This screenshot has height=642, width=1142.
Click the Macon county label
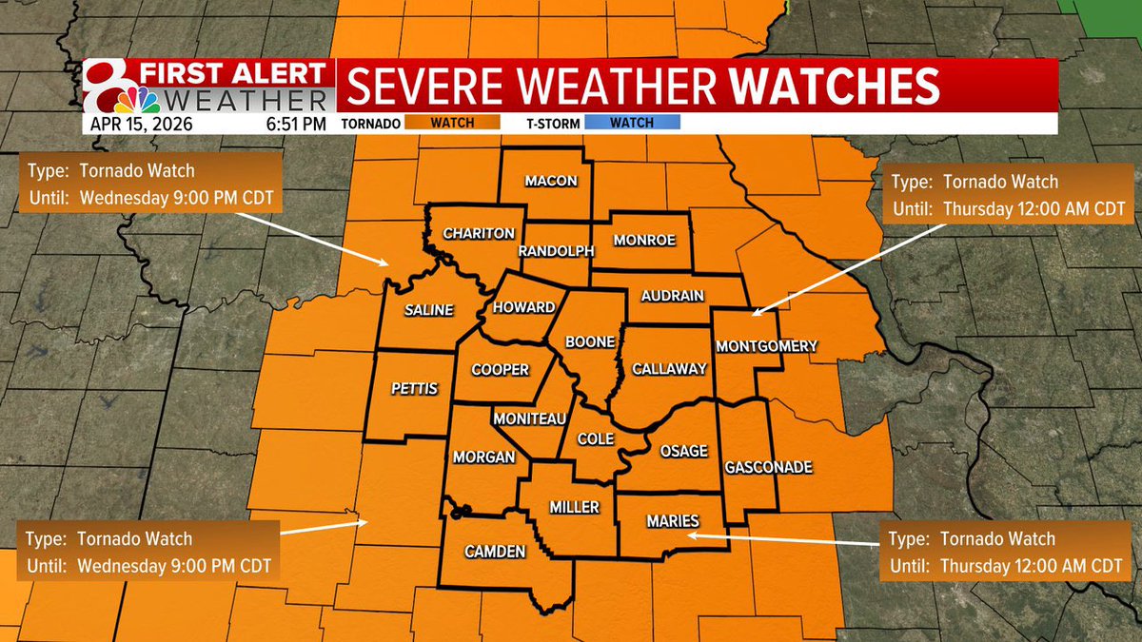[x=551, y=181]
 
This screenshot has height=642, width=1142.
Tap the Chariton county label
[x=479, y=233]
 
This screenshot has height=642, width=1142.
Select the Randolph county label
[x=556, y=251]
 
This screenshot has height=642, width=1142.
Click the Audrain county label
[x=672, y=296]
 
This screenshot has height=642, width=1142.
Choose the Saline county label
[x=428, y=310]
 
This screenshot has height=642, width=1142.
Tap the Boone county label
[x=590, y=341]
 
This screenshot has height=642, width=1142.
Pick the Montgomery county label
[x=765, y=346]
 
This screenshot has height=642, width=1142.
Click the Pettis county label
[x=414, y=388]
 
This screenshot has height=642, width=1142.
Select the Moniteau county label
[x=530, y=418]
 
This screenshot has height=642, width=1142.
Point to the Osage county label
[x=683, y=451]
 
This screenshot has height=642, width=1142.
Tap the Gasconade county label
[x=768, y=467]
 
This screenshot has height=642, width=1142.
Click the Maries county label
[x=672, y=520]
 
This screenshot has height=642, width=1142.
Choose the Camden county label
[x=495, y=552]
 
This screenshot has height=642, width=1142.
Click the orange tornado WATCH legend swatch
[x=452, y=123]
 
